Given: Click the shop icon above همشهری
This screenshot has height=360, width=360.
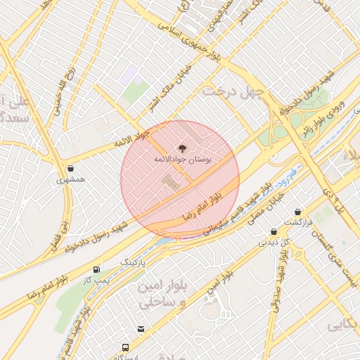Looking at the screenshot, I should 71,168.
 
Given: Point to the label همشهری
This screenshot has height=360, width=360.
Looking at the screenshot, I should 71,179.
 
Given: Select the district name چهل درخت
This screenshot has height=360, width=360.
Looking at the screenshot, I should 233,91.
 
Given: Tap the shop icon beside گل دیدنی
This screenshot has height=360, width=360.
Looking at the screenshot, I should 274,231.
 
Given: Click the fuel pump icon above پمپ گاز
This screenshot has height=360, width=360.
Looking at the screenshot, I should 96,269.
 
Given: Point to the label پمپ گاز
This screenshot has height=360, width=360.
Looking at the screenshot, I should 96,280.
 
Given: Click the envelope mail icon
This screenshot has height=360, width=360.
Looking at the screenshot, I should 141,328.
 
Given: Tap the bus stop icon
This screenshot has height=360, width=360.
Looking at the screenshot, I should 126,347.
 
